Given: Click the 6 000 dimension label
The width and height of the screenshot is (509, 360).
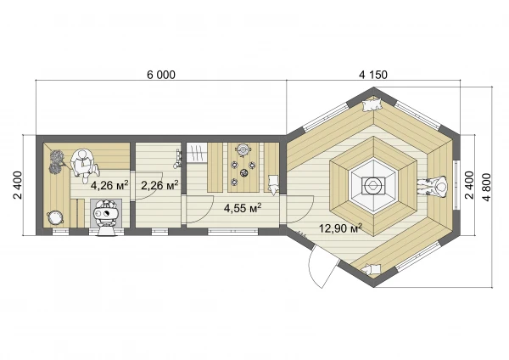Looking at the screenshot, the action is [x=161, y=75].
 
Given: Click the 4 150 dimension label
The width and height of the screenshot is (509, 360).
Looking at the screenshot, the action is [x=373, y=75].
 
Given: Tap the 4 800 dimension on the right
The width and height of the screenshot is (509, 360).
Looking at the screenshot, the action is [x=487, y=187].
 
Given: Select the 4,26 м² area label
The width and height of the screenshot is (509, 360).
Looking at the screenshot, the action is [x=109, y=185].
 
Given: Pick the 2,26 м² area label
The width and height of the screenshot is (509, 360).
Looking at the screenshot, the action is [x=159, y=185].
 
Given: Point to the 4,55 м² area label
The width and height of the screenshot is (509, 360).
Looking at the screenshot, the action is [x=243, y=208].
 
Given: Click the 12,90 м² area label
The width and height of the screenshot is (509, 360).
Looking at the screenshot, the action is [x=340, y=228].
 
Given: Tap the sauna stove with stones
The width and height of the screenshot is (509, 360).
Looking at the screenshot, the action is [x=106, y=215].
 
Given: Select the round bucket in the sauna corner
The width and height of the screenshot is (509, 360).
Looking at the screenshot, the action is [x=53, y=217].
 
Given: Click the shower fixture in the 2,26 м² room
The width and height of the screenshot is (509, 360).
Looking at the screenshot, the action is [x=178, y=159].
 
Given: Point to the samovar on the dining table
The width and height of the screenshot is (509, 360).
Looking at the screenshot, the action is [x=243, y=149].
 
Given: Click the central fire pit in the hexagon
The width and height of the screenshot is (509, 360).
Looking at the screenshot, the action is [x=373, y=186].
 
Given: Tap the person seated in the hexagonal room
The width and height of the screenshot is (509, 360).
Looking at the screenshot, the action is [x=433, y=187].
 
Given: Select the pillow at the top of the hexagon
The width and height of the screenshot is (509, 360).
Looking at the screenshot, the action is [x=372, y=104].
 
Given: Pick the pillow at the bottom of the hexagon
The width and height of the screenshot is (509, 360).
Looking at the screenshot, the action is [x=371, y=269].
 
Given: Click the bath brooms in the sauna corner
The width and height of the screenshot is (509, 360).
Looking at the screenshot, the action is [x=58, y=162].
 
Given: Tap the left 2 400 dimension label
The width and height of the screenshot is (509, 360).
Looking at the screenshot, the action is [x=18, y=185].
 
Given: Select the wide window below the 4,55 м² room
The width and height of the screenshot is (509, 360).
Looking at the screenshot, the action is [x=232, y=231].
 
